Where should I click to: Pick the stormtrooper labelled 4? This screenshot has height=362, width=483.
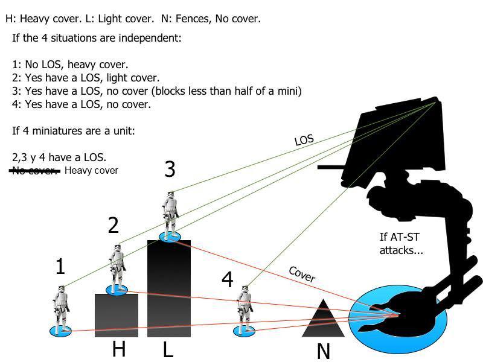tap(245, 308)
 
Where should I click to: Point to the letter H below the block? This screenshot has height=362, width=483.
tap(119, 349)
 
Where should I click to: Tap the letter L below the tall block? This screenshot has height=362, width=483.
tap(168, 349)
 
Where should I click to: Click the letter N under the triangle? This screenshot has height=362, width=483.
tap(324, 351)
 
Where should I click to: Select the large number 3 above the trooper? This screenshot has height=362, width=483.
tap(170, 170)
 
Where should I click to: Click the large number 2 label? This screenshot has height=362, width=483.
tap(114, 226)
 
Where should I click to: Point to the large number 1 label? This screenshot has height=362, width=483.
tap(60, 267)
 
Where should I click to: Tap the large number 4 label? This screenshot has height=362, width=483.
tap(227, 279)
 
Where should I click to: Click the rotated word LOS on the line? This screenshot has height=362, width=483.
tap(304, 140)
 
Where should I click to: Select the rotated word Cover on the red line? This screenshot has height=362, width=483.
tap(302, 274)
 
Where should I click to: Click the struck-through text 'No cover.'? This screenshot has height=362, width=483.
tap(35, 171)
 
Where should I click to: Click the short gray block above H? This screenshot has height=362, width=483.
tap(117, 316)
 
